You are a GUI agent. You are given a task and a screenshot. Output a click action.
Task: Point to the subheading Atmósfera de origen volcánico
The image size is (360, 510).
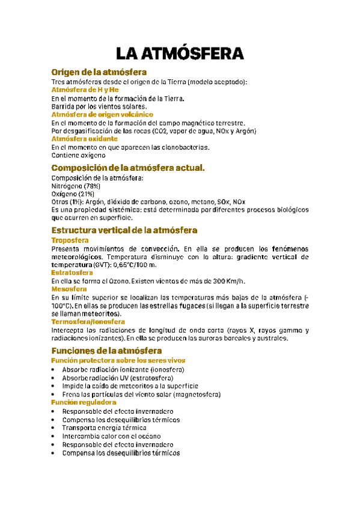tap(102, 114)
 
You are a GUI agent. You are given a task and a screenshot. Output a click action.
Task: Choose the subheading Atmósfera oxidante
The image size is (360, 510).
tap(81, 139)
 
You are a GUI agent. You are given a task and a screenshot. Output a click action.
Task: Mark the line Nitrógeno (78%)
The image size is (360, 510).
tap(76, 186)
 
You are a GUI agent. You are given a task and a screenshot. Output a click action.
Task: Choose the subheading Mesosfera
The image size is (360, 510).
tap(69, 289)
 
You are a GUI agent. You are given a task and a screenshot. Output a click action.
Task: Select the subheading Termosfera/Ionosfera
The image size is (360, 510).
tap(88, 322)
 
